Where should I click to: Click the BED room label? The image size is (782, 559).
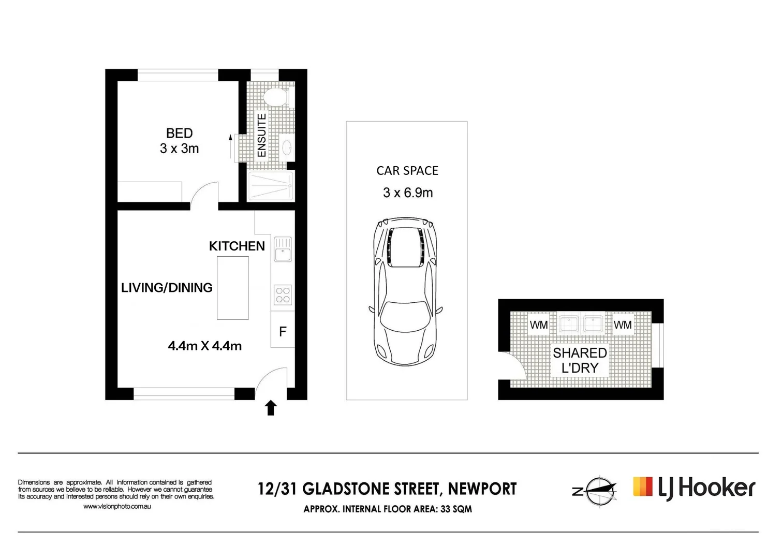[179, 134]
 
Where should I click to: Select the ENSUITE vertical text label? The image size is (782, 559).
[262, 136]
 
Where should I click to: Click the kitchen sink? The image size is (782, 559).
[283, 249]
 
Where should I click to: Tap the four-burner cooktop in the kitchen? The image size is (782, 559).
[283, 295]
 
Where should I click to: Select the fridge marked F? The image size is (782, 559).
[283, 332]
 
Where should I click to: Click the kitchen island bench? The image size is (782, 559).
[232, 288]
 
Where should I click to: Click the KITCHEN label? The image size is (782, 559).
[237, 246]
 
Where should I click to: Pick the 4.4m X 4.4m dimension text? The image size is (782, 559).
[204, 346]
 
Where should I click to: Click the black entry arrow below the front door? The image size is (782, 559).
[271, 408]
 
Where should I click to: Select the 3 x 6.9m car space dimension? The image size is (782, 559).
[407, 193]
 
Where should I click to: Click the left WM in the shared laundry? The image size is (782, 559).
[539, 325]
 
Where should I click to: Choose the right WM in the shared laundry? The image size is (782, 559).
[623, 325]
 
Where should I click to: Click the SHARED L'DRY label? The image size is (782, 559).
[580, 360]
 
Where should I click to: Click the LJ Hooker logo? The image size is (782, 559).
[694, 488]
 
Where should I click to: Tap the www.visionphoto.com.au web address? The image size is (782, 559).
[117, 507]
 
